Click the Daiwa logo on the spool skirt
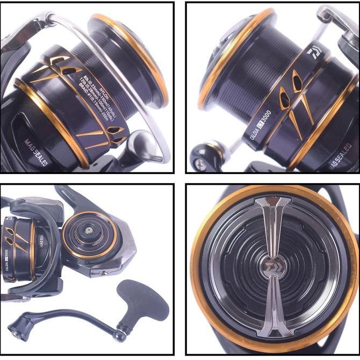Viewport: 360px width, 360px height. point(313,54)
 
